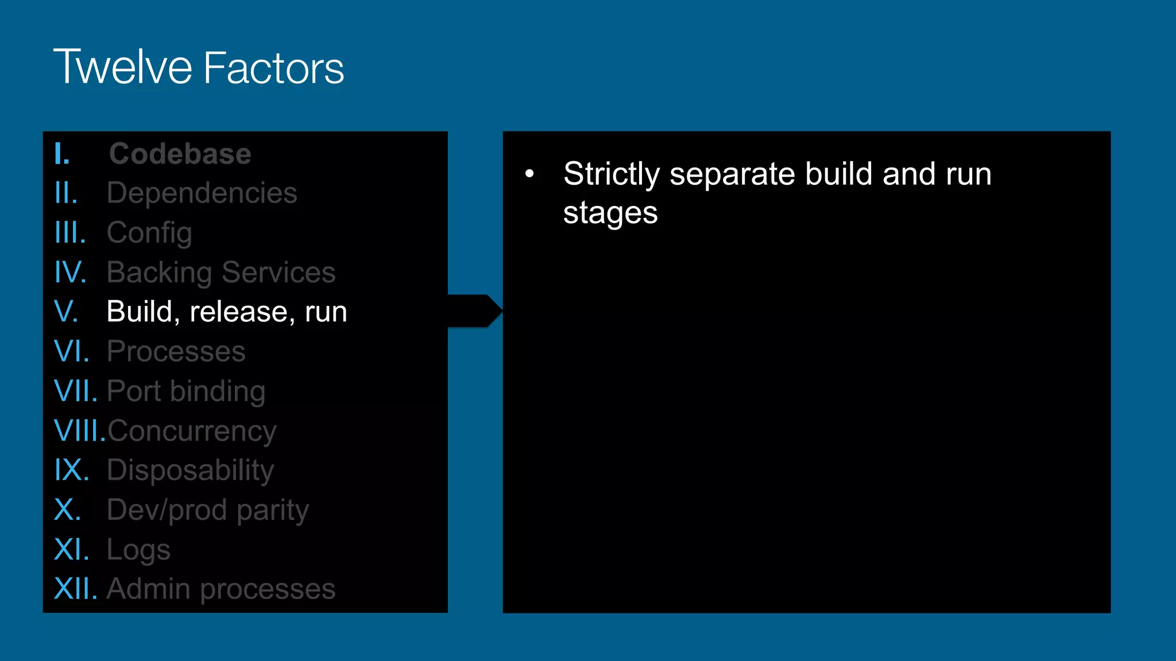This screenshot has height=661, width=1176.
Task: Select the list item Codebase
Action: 180,154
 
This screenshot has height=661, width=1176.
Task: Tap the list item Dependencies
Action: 202,193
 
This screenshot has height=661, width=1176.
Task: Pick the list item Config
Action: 149,232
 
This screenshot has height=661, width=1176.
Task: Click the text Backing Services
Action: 221,272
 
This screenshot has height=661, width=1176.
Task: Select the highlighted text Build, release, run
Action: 227,312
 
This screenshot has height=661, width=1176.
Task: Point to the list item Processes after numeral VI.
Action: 176,351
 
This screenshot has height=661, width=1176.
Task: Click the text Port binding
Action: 186,391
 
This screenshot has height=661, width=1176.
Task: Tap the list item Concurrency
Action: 192,431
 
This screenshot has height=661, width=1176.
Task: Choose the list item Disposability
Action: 190,470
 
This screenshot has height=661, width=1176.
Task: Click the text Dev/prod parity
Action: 208,510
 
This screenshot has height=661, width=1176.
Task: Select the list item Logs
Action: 138,549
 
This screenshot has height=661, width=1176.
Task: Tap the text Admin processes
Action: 221,589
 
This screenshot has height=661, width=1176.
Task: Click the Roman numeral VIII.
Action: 79,431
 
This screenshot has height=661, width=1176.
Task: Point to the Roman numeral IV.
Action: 70,272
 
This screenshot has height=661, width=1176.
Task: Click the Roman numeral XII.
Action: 75,589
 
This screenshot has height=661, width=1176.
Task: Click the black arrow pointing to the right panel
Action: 474,311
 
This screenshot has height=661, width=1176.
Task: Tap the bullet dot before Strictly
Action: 529,173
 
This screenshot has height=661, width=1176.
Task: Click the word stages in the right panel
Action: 610,213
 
